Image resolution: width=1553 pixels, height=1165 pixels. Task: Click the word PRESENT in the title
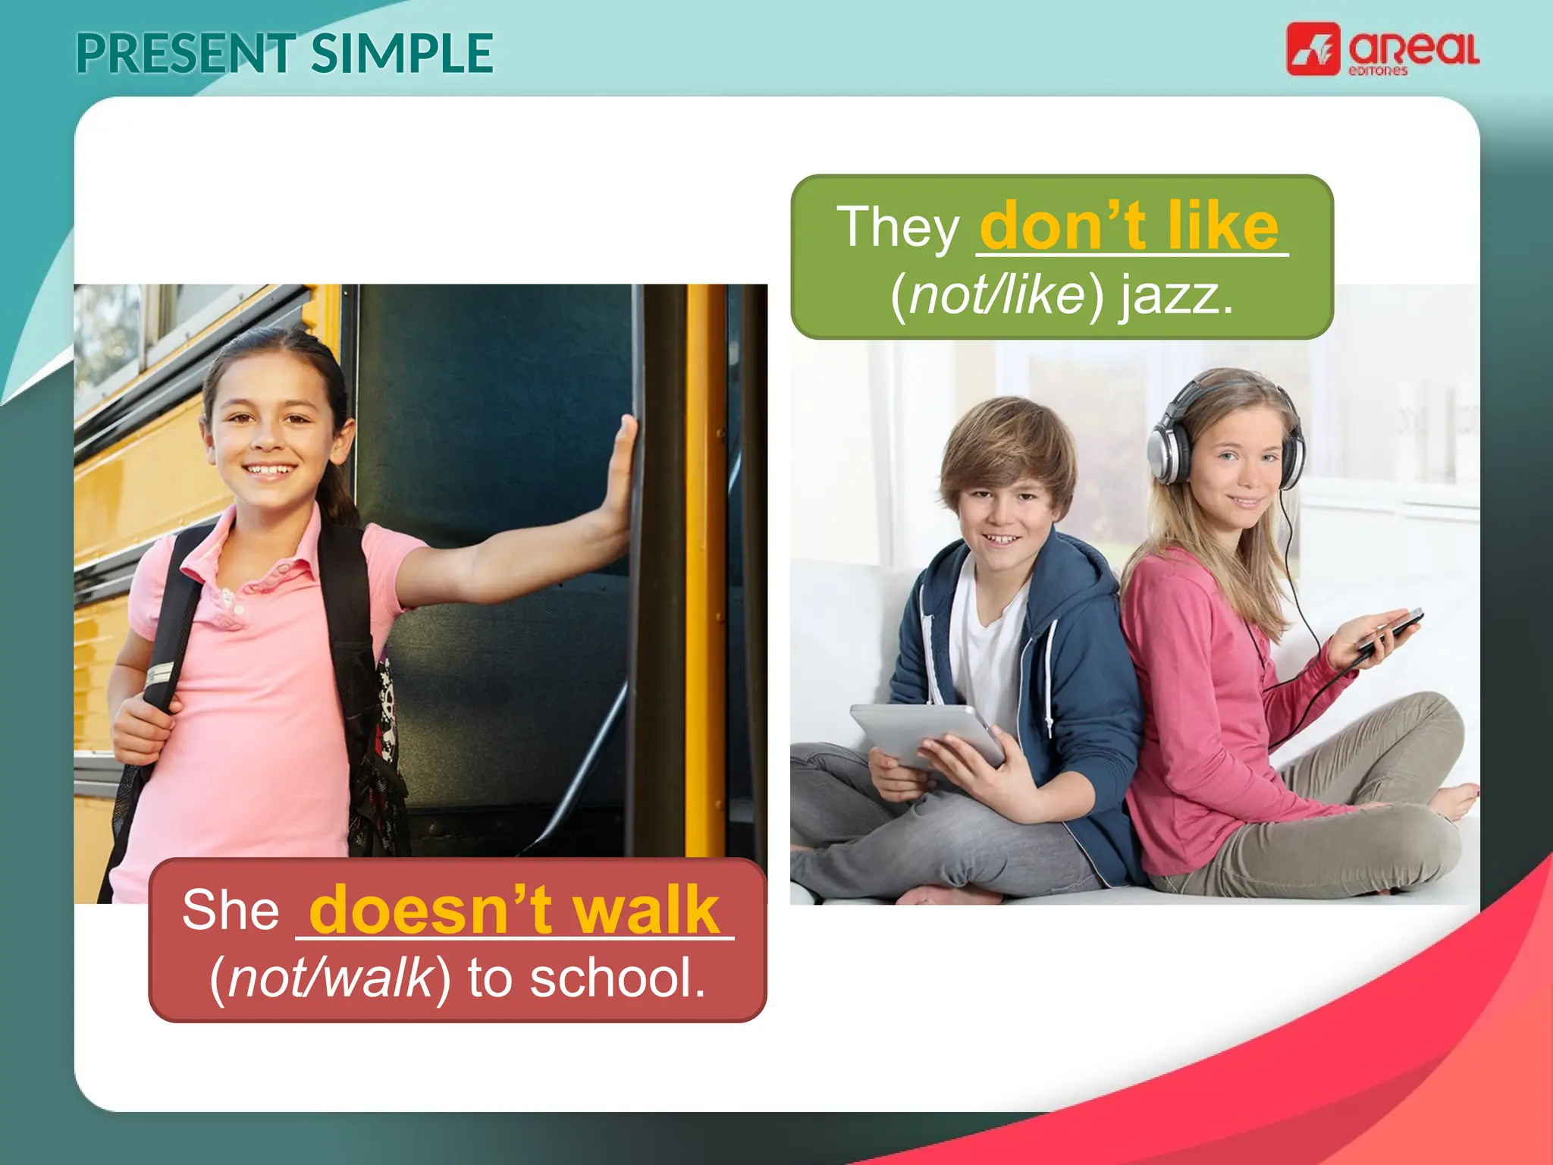point(185,54)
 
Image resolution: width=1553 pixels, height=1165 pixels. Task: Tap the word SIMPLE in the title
point(402,54)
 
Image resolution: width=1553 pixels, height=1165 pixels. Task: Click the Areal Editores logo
point(1382,50)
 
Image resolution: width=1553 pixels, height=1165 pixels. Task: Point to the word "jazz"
point(1176,295)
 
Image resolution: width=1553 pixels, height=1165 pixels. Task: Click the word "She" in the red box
point(231,909)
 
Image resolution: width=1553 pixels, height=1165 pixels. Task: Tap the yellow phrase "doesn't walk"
point(513,909)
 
